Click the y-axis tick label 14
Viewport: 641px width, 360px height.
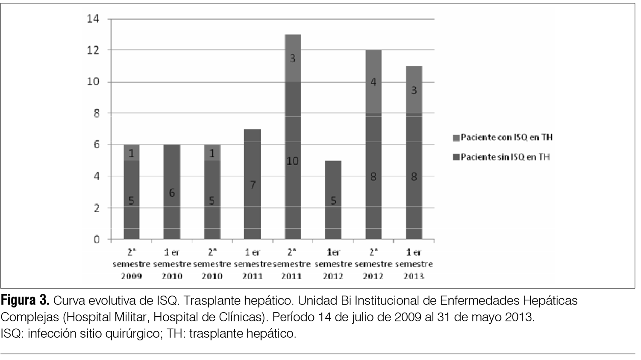93,19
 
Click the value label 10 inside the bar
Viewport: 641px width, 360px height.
292,161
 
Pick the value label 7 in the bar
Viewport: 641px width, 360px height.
252,185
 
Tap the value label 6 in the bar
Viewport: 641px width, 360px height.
171,193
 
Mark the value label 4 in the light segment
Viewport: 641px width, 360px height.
373,82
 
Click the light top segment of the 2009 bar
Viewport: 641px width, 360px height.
131,152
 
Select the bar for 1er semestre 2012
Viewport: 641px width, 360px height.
333,199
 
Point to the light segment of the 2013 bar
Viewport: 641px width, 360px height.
414,90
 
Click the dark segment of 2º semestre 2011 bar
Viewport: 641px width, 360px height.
292,179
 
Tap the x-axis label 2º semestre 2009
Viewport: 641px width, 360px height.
131,264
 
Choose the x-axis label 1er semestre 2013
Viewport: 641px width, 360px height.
414,264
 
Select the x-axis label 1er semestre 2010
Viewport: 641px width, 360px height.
172,264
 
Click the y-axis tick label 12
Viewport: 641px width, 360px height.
93,50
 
